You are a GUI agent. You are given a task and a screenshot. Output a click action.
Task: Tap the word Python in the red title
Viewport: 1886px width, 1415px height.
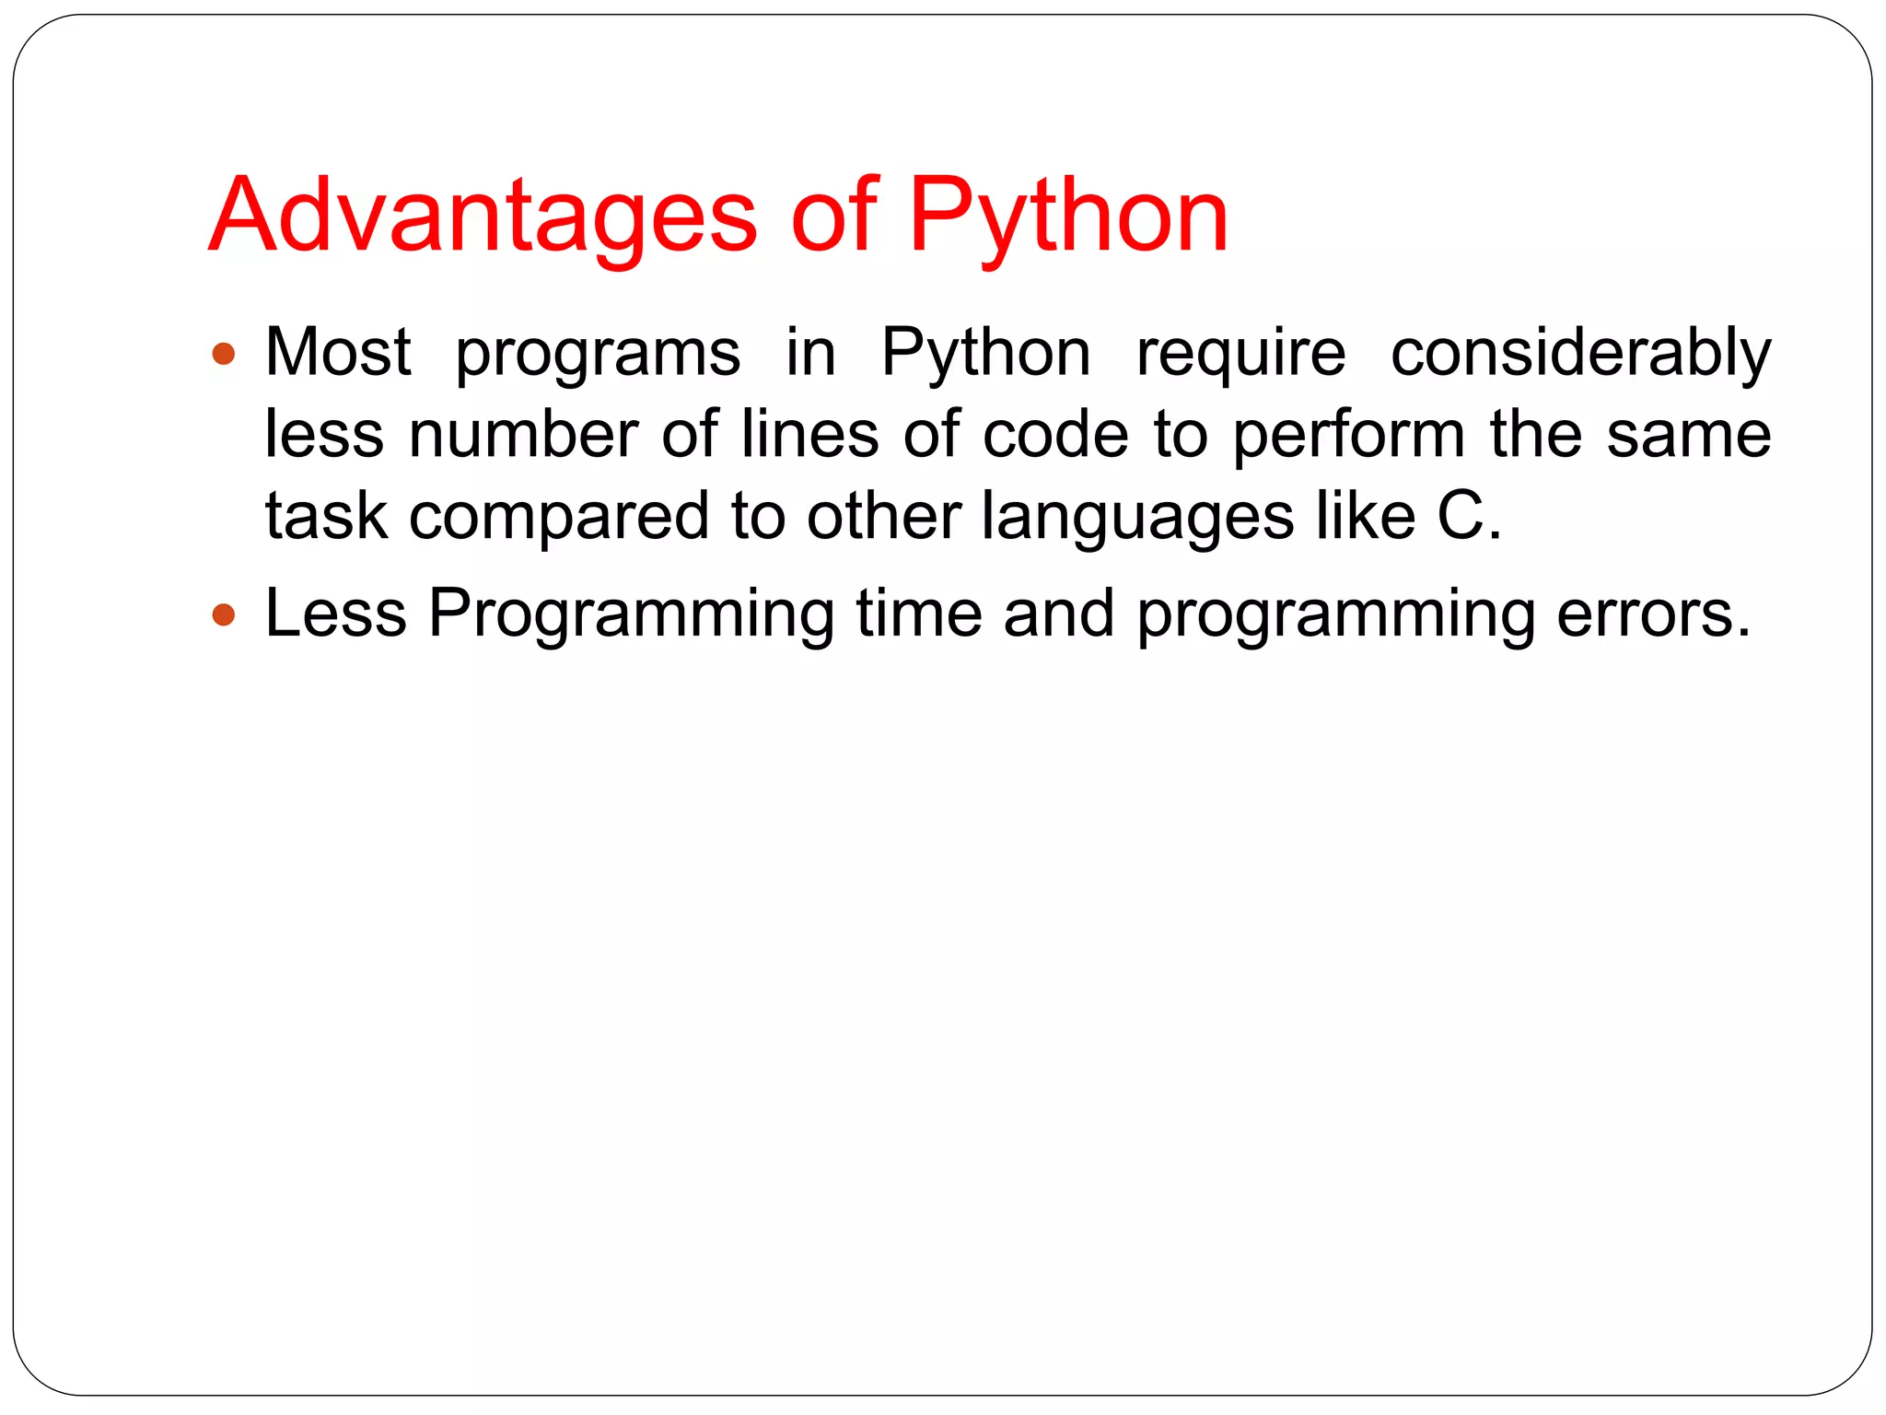pyautogui.click(x=1068, y=216)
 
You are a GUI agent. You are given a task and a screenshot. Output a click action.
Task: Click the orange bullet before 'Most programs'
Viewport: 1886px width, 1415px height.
pyautogui.click(x=224, y=354)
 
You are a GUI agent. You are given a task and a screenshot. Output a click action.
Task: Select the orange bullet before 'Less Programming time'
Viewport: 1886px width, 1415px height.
pyautogui.click(x=224, y=614)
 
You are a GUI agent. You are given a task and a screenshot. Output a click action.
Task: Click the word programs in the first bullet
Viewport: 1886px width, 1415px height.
pyautogui.click(x=598, y=354)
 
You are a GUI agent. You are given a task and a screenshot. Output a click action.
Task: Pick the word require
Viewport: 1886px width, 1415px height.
pyautogui.click(x=1240, y=354)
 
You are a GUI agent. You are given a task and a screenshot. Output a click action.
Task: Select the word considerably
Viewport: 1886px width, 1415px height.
pyautogui.click(x=1580, y=354)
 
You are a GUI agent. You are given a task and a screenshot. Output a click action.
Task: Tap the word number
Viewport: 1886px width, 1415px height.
pyautogui.click(x=523, y=434)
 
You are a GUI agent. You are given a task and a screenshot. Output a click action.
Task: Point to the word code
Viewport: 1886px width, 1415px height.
pyautogui.click(x=1055, y=434)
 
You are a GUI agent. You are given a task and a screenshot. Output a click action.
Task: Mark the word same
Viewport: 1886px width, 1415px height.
pyautogui.click(x=1689, y=436)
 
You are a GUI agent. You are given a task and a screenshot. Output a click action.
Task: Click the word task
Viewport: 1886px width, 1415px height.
pyautogui.click(x=326, y=516)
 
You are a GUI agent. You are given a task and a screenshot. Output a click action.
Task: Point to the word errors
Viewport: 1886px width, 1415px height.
pyautogui.click(x=1653, y=614)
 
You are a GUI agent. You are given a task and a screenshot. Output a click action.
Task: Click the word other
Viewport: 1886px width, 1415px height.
pyautogui.click(x=884, y=516)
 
